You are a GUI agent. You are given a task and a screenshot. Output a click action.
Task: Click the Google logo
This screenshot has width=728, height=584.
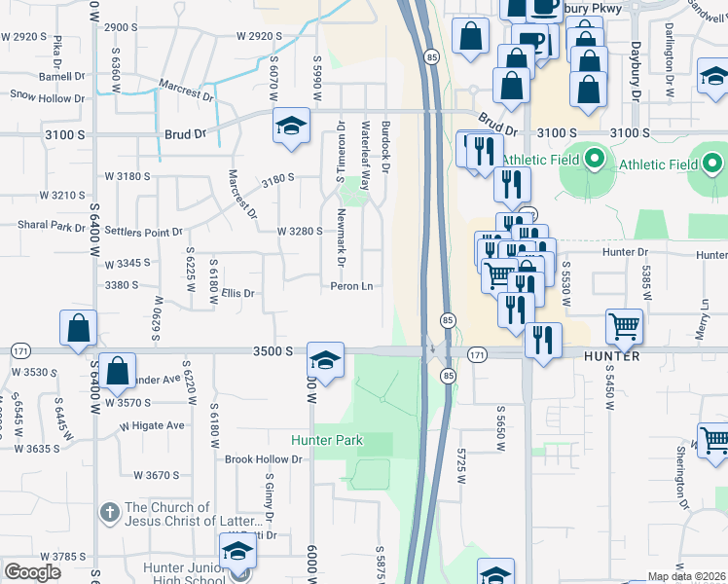pos(32,572)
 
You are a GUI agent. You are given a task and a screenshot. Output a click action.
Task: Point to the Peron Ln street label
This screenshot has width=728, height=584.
pos(351,286)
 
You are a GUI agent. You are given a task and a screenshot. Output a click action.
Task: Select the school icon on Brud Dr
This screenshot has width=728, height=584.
pos(290,126)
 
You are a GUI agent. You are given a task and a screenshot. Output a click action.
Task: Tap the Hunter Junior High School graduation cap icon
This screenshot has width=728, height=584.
pos(237,552)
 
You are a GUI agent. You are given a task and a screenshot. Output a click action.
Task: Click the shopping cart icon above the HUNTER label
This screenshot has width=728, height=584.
pos(624,325)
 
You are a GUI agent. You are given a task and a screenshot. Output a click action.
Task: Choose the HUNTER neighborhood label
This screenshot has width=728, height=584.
pos(610,356)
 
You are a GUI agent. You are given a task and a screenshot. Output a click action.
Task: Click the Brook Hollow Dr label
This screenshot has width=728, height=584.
pos(263,459)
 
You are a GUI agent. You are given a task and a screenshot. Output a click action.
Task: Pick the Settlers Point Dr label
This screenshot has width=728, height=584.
pos(143,233)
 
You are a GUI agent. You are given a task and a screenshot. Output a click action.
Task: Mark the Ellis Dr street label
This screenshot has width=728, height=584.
pos(237,293)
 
